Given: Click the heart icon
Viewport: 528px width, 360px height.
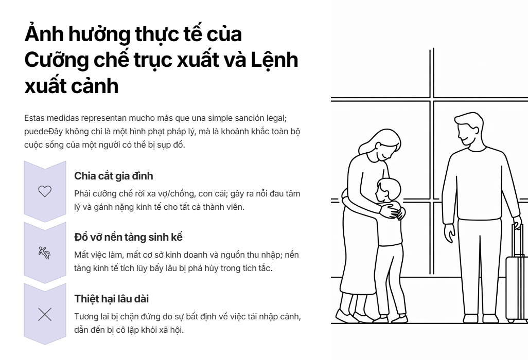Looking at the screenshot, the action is (x=45, y=191).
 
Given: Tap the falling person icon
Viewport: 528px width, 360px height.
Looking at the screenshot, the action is (x=44, y=253).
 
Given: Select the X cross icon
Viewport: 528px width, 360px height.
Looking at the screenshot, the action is (x=45, y=314).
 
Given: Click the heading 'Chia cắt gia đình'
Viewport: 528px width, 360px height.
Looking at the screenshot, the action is (x=114, y=176).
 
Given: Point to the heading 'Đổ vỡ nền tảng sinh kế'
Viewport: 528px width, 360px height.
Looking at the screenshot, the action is (x=128, y=237).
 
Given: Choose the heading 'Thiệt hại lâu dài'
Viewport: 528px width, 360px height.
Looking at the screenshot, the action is (x=112, y=299).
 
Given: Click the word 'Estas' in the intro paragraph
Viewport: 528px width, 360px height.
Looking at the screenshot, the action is (x=34, y=118).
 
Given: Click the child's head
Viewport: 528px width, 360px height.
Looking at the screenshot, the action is (x=388, y=190).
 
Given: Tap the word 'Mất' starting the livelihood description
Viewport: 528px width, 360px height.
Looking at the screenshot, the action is (x=82, y=255).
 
